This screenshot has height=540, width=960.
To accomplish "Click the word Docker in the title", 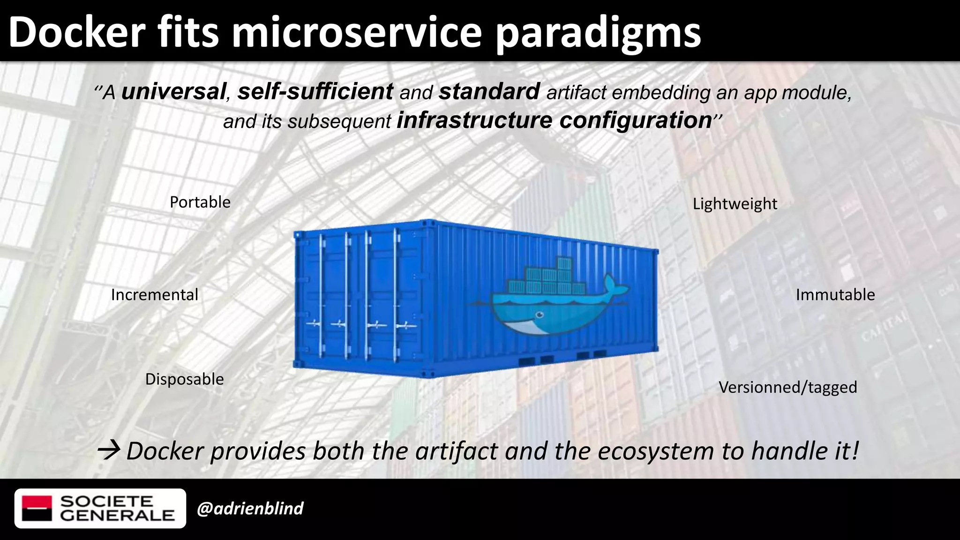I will pos(77,32).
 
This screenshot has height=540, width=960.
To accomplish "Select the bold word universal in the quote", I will pos(173,91).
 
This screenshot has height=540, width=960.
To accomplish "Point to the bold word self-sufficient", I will pos(315,91).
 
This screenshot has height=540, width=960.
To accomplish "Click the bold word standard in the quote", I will pos(489,91).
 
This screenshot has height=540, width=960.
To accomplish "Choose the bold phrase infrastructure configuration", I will pos(554,120).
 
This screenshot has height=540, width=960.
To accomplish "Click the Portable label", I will pos(200,202).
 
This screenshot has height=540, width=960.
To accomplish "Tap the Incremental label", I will pos(155,295).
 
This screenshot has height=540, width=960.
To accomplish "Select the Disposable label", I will pos(184,379).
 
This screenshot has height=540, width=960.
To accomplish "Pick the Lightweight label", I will pos(735,204).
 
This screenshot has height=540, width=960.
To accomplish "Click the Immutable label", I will pos(835,295).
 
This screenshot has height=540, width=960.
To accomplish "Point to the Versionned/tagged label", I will pos(787,387).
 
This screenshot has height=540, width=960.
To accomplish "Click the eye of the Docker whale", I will pos(540,315).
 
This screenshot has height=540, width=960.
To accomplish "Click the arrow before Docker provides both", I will pos(108,450).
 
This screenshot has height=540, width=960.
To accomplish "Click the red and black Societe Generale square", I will pos(37,508).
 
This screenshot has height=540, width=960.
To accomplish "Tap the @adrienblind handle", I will pos(250,509).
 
